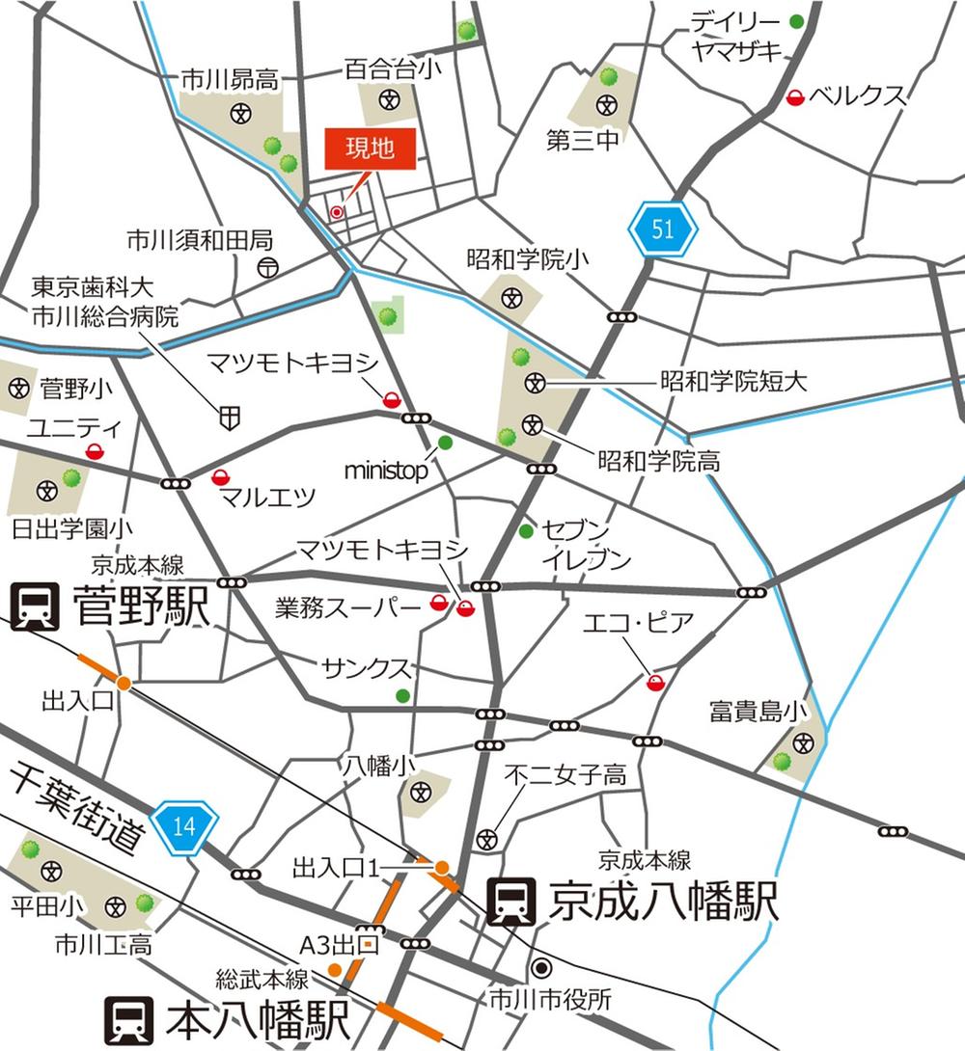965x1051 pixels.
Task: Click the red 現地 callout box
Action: [x=370, y=148]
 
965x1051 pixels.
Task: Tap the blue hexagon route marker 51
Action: [x=662, y=229]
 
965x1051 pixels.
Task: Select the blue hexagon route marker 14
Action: [x=184, y=824]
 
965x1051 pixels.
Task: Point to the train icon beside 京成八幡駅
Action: [x=510, y=902]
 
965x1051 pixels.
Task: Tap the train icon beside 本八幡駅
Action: [x=128, y=1021]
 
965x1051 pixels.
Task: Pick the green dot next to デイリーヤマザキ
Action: [x=796, y=21]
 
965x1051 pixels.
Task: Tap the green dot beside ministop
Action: [x=445, y=443]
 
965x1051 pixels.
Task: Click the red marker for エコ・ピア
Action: [x=655, y=683]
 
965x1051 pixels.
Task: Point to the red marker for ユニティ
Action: [x=95, y=450]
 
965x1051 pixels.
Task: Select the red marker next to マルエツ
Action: [x=221, y=475]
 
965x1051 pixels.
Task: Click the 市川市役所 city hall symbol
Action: [x=541, y=967]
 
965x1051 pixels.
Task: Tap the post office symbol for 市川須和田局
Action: [x=268, y=267]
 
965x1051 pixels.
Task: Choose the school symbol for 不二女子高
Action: [x=488, y=840]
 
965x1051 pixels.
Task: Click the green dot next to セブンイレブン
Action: [x=526, y=531]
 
